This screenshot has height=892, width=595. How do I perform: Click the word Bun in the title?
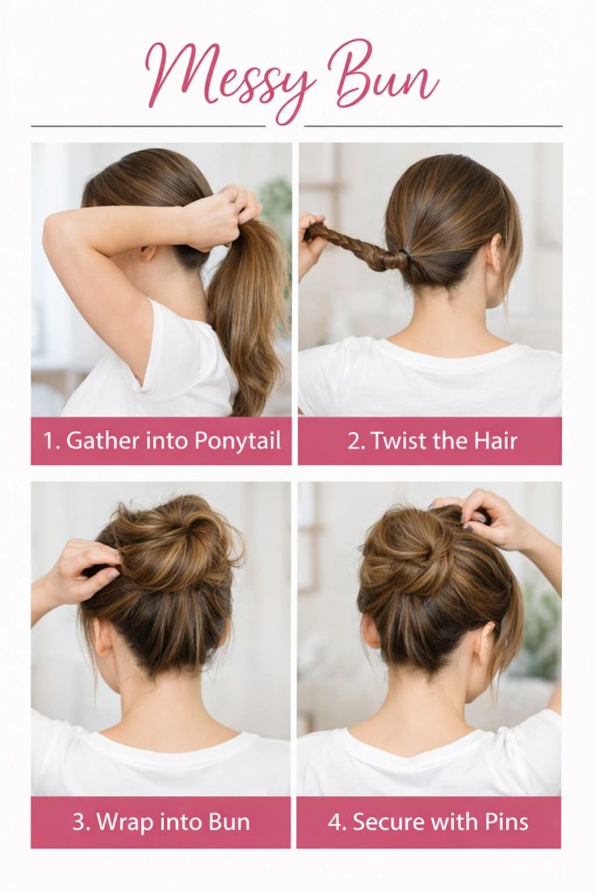coord(385,77)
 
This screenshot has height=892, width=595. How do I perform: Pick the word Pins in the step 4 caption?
coord(504,821)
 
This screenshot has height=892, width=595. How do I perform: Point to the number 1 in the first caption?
coord(49,441)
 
